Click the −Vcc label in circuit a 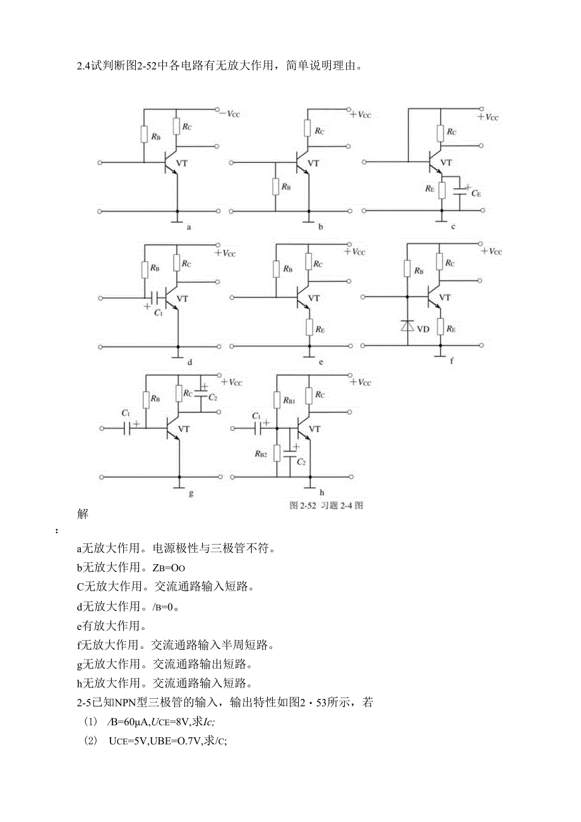[x=229, y=114]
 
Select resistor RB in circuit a [x=145, y=135]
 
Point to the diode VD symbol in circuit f [x=408, y=327]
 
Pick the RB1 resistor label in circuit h [x=288, y=401]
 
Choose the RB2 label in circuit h [x=261, y=453]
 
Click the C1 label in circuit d [x=157, y=313]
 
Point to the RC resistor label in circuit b [x=320, y=131]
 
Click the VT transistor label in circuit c [x=446, y=162]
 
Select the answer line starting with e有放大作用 [x=111, y=626]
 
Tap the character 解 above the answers [x=83, y=514]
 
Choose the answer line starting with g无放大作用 [x=164, y=664]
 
